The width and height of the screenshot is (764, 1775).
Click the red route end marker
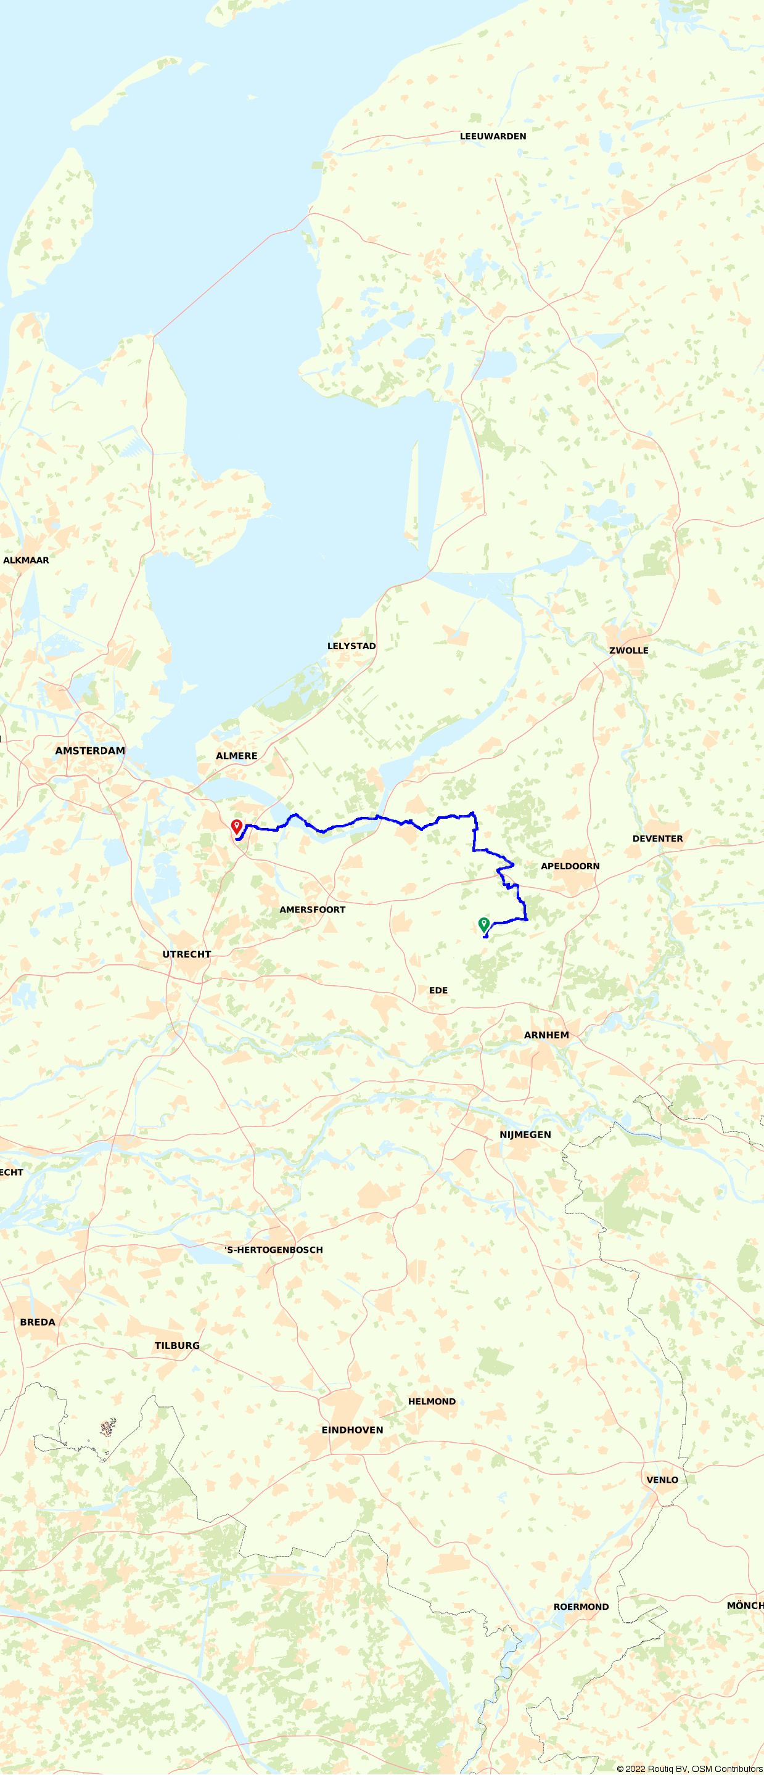coord(236,826)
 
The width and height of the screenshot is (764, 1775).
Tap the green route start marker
coord(484,925)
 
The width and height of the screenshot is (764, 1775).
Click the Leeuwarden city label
coord(493,136)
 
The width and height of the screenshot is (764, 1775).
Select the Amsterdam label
coord(90,751)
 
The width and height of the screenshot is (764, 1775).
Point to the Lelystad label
coord(351,646)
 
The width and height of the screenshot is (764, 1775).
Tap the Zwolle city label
coord(628,650)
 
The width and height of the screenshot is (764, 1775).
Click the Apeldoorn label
coord(570,866)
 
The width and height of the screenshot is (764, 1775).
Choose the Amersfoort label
coord(312,909)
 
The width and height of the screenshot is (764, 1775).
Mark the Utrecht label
coord(187,954)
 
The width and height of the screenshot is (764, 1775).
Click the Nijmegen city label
coord(525,1135)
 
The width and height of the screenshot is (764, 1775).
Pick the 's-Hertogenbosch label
coord(274,1250)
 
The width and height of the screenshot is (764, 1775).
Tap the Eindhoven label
coord(352,1430)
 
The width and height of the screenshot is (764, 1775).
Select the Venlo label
coord(662,1480)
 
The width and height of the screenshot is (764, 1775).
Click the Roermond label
coord(581,1606)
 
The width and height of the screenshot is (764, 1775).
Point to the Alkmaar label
coord(26,560)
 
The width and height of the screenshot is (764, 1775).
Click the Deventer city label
coord(657,838)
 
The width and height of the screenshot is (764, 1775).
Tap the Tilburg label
coord(177,1346)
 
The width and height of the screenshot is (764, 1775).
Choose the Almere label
coord(236,756)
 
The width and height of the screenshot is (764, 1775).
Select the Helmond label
coord(431,1401)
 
